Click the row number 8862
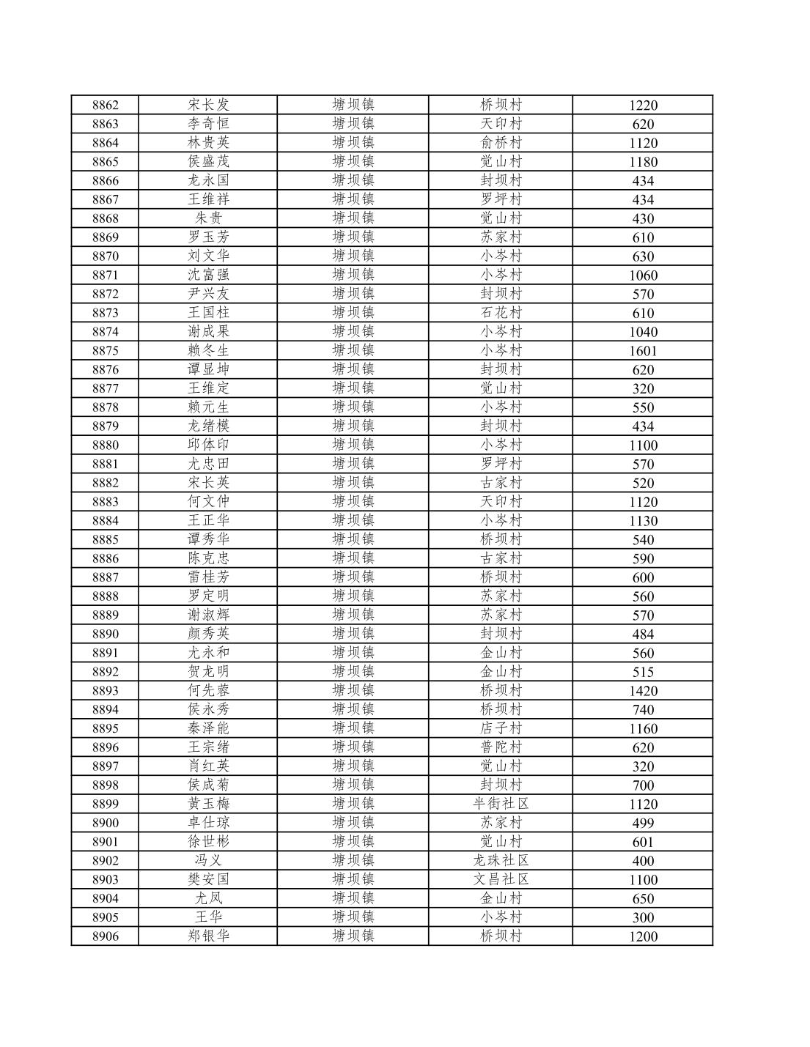[105, 105]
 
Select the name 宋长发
[208, 105]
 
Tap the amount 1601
[643, 351]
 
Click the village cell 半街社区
[501, 804]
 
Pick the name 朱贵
[208, 218]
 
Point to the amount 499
[643, 823]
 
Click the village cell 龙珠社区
[501, 860]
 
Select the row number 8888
[105, 596]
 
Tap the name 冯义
[208, 860]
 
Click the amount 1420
[643, 691]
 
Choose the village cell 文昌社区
[501, 879]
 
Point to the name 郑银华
[208, 936]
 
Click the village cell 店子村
[501, 728]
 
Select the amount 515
[643, 672]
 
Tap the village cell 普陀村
[501, 747]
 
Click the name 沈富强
[208, 275]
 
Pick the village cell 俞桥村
[501, 143]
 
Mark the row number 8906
[105, 936]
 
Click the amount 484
[643, 635]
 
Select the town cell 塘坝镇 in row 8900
[353, 823]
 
